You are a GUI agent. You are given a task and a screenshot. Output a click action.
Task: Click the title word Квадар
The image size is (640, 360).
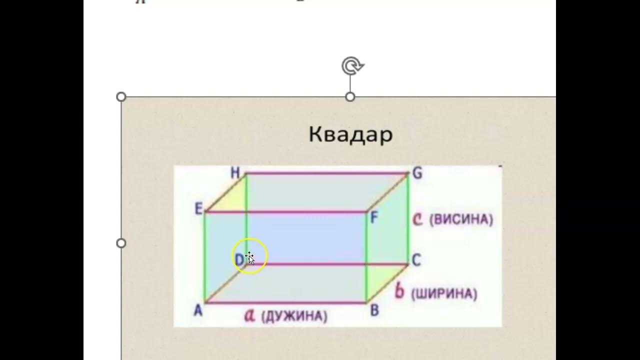(x=350, y=134)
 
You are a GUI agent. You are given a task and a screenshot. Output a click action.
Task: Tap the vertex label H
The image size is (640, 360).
(x=235, y=173)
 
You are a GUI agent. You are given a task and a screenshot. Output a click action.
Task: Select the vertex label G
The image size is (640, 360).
(x=417, y=173)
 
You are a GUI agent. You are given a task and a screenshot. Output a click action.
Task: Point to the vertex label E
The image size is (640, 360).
(x=198, y=209)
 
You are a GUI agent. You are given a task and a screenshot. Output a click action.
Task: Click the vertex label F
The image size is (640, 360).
(x=373, y=217)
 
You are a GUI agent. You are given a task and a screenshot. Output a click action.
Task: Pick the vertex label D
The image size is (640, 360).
(x=239, y=259)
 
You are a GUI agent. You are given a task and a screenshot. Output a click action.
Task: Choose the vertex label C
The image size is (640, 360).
(x=416, y=259)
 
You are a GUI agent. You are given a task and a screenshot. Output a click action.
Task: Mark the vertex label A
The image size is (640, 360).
(x=198, y=310)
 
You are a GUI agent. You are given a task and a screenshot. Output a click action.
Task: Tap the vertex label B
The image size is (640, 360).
(x=374, y=310)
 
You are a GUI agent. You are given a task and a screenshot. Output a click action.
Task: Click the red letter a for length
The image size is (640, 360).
(x=249, y=315)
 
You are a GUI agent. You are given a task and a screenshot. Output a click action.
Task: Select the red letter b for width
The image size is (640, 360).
(x=399, y=291)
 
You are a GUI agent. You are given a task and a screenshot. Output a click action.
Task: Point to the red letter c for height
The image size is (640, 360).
(x=417, y=219)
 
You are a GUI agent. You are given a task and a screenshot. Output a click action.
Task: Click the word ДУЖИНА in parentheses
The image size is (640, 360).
(x=294, y=316)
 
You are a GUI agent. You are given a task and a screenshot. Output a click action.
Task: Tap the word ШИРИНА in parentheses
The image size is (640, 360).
(x=443, y=293)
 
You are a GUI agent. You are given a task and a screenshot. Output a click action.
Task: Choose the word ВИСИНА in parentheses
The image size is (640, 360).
(x=461, y=219)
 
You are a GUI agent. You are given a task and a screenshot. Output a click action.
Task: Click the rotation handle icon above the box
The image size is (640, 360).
(x=351, y=65)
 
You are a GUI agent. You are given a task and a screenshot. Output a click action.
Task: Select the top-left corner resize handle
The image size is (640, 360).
(x=121, y=96)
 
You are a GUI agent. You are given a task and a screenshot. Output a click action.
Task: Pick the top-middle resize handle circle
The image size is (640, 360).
(x=350, y=96)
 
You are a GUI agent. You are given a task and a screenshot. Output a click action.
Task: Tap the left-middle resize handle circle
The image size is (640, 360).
(x=121, y=243)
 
